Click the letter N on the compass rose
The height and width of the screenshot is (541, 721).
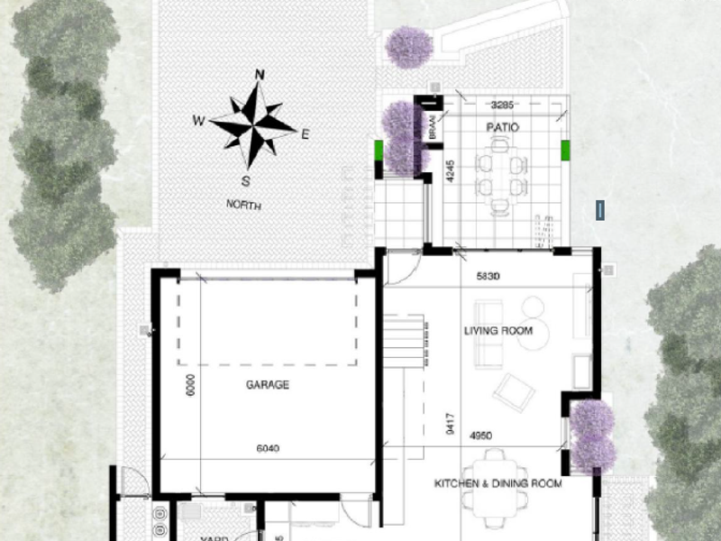260,75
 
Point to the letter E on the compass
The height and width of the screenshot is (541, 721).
305,134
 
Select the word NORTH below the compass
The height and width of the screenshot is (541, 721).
243,205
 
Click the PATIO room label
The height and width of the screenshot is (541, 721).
502,128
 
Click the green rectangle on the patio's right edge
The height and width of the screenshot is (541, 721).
565,151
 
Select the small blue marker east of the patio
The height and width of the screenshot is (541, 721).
598,211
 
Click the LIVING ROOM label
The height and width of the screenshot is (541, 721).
498,331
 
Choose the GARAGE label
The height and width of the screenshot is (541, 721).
268,385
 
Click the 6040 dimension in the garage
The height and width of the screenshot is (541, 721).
268,448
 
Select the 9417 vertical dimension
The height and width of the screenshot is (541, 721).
450,424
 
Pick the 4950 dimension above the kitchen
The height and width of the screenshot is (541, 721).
480,436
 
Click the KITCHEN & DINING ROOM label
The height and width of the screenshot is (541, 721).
497,484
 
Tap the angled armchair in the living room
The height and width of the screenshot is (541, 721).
513,390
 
